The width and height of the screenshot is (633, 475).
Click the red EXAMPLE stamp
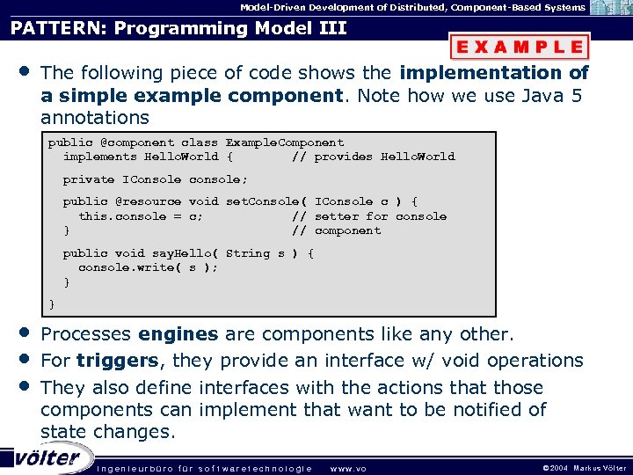coord(520,47)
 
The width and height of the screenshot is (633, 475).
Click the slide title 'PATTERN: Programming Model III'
coord(178,28)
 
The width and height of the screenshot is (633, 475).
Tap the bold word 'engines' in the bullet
coord(178,334)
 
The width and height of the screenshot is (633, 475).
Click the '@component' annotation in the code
coord(136,142)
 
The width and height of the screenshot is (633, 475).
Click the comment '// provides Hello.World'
coord(373,157)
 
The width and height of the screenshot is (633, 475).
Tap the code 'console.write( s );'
coord(148,267)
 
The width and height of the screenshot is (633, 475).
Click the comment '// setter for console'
coord(368,216)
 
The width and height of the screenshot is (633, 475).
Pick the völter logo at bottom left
coord(46,458)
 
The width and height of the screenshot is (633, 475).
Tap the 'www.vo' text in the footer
coord(346,468)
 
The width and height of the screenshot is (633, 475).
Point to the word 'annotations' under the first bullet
coord(95,117)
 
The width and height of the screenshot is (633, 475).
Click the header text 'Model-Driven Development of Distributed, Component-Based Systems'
coord(412,7)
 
